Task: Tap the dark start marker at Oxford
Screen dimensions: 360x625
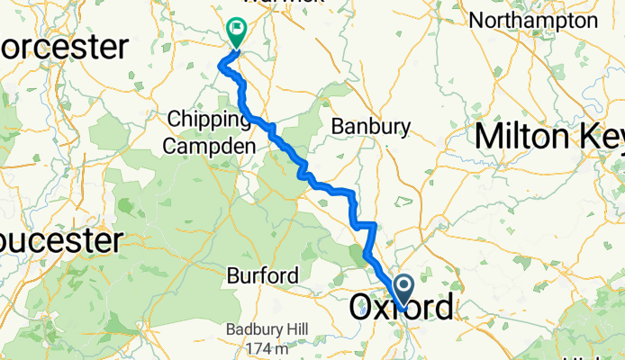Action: tap(403, 288)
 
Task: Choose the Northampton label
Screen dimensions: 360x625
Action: tap(546, 20)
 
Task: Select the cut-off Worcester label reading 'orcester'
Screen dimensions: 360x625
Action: tap(63, 47)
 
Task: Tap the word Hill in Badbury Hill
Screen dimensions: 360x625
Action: tap(287, 329)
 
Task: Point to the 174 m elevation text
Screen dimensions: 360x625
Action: tap(267, 347)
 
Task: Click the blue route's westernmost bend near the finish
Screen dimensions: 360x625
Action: tap(221, 62)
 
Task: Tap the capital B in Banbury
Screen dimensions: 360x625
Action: tap(339, 126)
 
